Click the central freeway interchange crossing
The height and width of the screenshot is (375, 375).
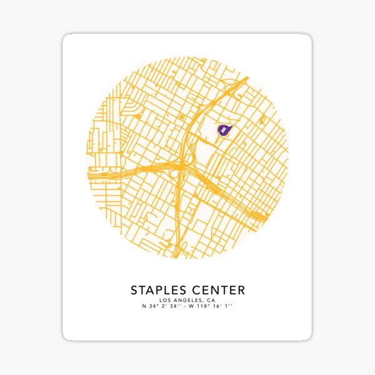(181, 166)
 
